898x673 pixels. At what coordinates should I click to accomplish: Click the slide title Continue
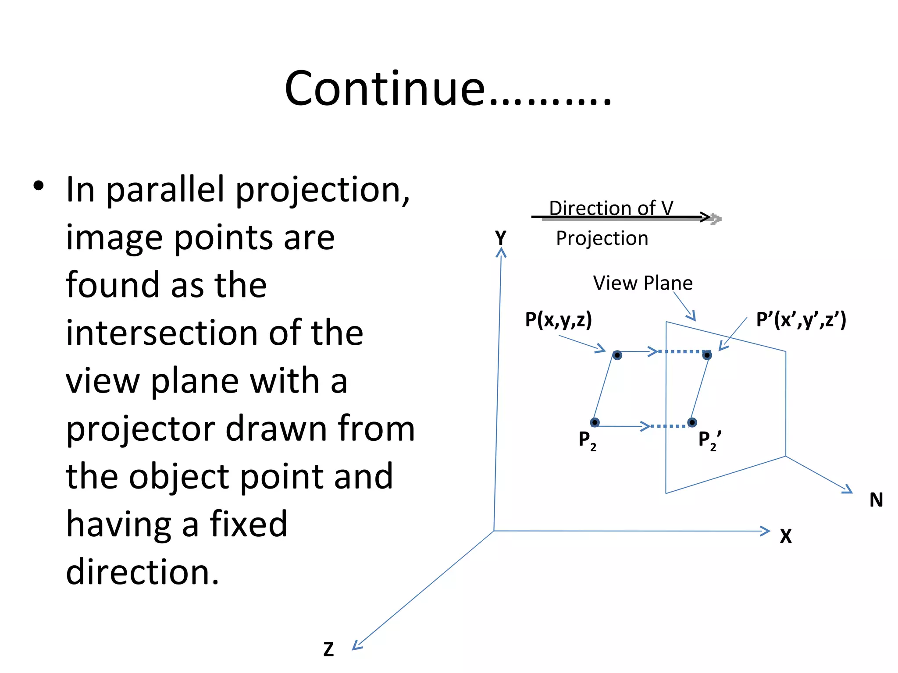click(x=447, y=89)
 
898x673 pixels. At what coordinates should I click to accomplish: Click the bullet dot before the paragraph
click(x=39, y=186)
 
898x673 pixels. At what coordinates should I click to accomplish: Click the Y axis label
click(x=500, y=238)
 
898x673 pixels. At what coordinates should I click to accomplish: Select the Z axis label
click(x=328, y=649)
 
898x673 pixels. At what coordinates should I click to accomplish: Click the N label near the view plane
click(x=876, y=500)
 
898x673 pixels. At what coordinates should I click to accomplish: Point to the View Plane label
click(x=642, y=283)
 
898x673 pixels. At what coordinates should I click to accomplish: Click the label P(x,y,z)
click(x=558, y=319)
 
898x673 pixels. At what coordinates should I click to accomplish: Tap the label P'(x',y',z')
click(x=801, y=319)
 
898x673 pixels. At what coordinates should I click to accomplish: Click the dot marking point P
click(x=617, y=355)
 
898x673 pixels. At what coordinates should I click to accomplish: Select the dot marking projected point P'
click(x=707, y=355)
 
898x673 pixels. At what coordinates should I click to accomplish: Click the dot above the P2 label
click(x=595, y=422)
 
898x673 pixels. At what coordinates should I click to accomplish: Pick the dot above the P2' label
click(x=692, y=422)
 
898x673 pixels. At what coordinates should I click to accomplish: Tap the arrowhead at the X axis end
click(x=766, y=531)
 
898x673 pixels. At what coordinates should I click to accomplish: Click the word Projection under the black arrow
click(x=602, y=239)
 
